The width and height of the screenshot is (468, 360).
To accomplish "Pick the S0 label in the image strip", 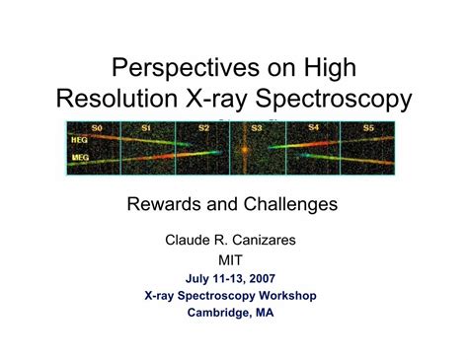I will [97, 128].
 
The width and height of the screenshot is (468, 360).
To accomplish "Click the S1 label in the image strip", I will [145, 128].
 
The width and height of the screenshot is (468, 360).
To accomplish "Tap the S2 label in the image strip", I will [203, 128].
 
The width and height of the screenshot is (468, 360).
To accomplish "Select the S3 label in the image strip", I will [257, 128].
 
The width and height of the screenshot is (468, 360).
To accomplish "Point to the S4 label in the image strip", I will [313, 127].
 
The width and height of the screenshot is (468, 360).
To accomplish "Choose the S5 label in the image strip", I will [367, 128].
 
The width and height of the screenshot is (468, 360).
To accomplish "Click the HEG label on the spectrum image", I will [80, 141].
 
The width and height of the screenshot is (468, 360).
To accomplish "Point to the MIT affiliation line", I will [233, 259].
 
